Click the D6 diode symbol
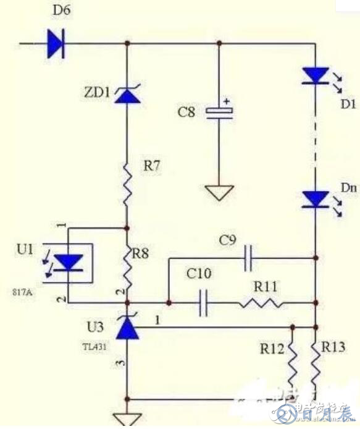point(56,43)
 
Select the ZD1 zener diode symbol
point(127,95)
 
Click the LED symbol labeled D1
point(316,75)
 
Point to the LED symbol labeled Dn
point(316,199)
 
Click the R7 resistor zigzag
point(127,183)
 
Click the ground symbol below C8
point(219,193)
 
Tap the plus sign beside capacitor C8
point(227,101)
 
